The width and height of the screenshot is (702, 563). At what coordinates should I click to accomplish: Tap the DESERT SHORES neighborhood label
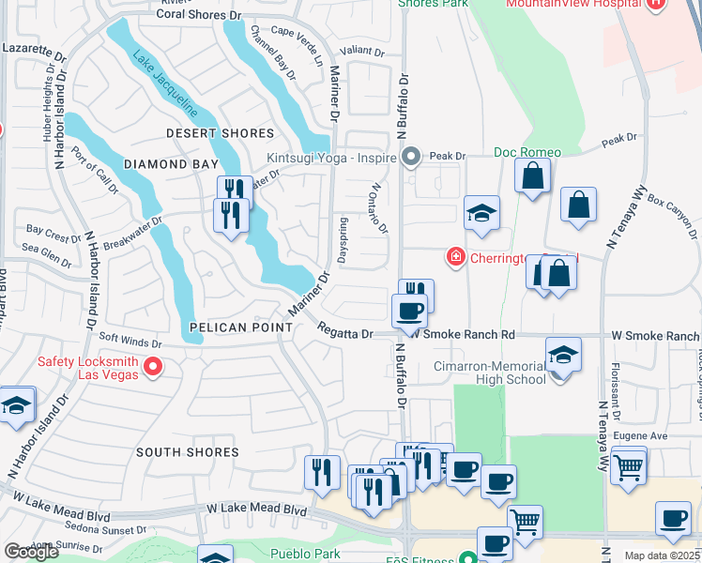[x=220, y=134]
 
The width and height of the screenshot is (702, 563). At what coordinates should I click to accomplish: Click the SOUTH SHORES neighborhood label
[x=188, y=452]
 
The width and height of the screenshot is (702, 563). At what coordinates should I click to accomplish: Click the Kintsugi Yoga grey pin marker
[x=410, y=157]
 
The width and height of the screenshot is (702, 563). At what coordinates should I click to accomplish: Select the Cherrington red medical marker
[x=455, y=255]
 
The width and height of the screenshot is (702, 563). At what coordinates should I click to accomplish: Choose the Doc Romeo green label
[x=527, y=152]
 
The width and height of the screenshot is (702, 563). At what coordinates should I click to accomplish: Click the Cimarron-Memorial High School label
[x=490, y=373]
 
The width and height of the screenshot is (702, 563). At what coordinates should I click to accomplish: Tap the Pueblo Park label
[x=304, y=555]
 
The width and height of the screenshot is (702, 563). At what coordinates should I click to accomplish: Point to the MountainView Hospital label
[x=579, y=5]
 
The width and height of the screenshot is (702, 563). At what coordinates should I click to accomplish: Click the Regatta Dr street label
[x=346, y=333]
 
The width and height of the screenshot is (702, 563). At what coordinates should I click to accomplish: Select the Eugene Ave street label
[x=640, y=436]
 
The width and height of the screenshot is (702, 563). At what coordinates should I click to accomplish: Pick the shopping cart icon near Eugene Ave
[x=629, y=465]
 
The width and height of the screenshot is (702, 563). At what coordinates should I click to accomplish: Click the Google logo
[x=31, y=552]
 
